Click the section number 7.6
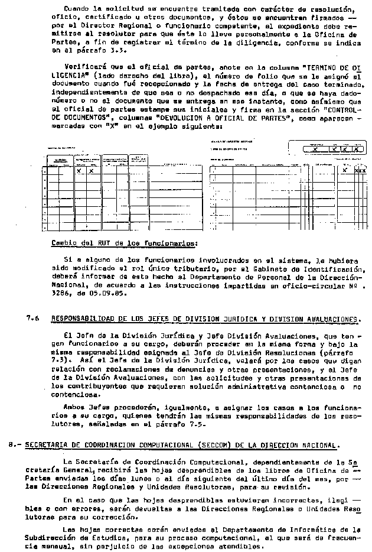(33, 318)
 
